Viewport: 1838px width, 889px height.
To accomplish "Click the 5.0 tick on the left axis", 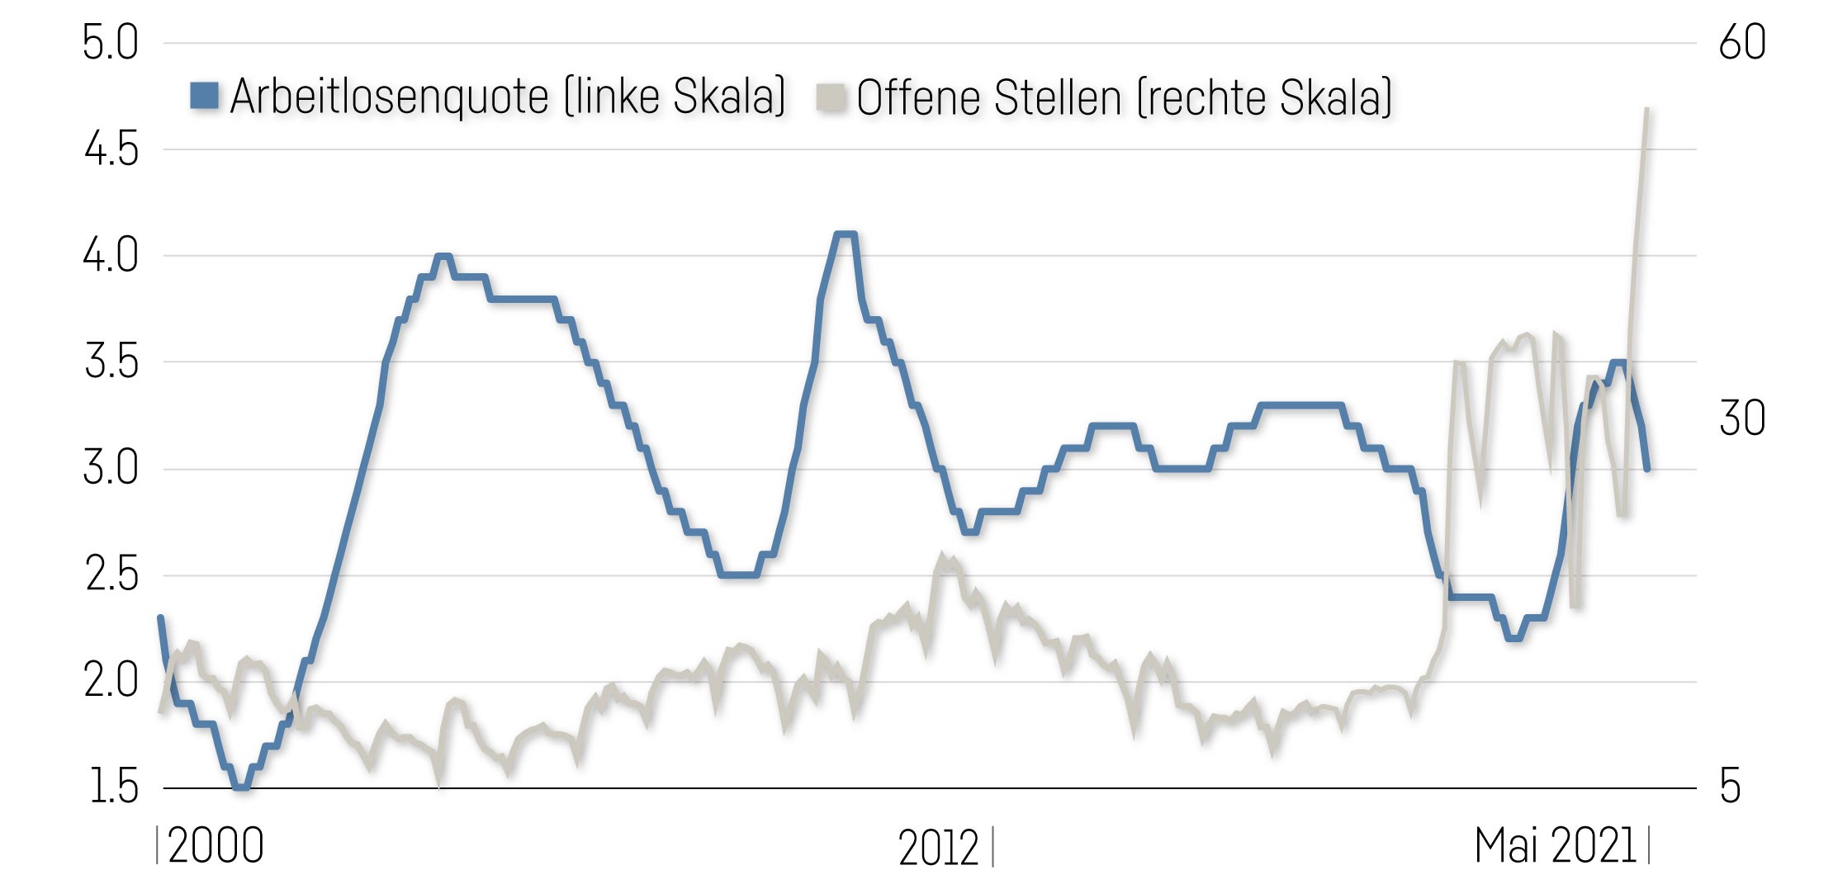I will coord(111,44).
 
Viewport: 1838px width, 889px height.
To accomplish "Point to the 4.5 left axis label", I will coord(111,150).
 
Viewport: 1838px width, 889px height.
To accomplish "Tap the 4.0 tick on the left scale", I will coord(111,256).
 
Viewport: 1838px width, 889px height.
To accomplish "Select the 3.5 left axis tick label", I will coord(111,362).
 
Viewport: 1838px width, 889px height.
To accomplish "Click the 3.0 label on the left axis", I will coord(111,469).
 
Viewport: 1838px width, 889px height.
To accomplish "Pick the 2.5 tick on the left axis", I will coord(111,575).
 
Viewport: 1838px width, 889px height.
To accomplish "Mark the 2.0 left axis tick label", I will coord(111,682).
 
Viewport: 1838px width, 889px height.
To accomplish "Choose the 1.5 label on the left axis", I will coord(111,787).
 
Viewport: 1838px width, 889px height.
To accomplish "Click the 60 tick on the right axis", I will coord(1742,44).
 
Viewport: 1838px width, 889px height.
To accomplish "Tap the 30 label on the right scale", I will coord(1742,418).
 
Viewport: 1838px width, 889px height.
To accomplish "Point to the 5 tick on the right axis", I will coord(1730,787).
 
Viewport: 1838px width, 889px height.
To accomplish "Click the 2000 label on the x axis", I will coord(216,847).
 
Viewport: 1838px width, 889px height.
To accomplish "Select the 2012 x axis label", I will coord(938,849).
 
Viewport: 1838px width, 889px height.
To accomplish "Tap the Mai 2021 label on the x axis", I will coord(1555,847).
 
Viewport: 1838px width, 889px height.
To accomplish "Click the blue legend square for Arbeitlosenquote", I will coord(204,96).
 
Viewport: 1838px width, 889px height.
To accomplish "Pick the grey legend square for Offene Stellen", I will coord(831,97).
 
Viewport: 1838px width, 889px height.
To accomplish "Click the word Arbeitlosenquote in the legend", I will coord(389,97).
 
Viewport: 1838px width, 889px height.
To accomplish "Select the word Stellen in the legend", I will coord(1058,97).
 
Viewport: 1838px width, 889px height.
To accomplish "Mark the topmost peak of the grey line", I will coord(1646,109).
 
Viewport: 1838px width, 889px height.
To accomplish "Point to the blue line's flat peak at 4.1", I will coord(845,234).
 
